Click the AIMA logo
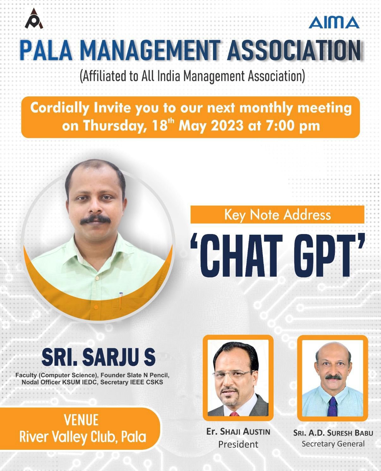(x=334, y=22)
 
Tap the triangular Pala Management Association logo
(x=34, y=19)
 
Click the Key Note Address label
(x=277, y=215)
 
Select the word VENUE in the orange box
(x=81, y=420)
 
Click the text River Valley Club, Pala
(x=82, y=437)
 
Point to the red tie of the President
(x=234, y=413)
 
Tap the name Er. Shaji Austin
(x=238, y=432)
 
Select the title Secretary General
(x=333, y=444)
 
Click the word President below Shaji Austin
(x=238, y=444)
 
